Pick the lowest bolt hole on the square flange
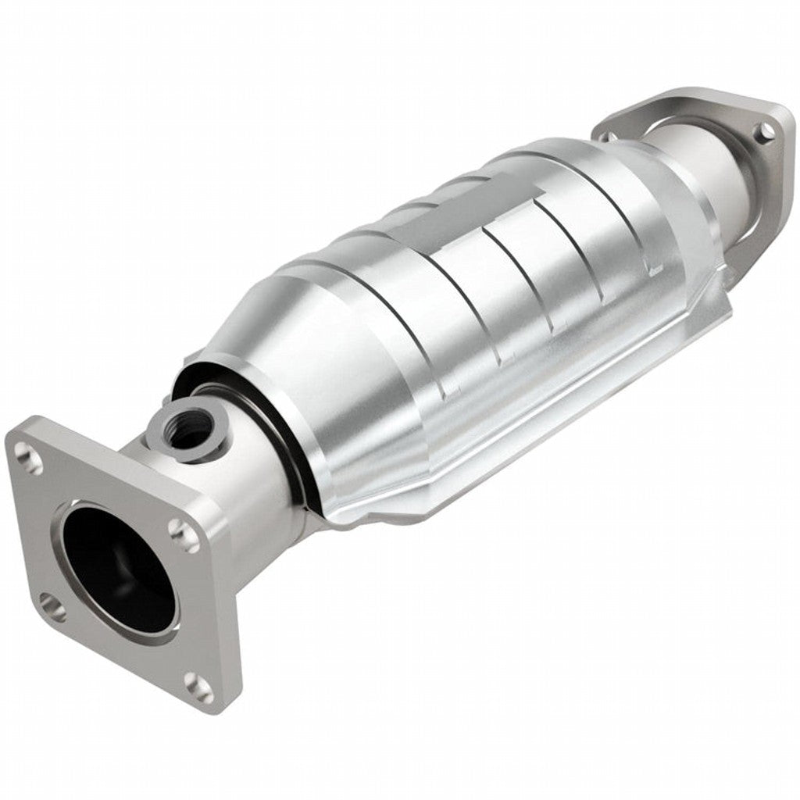point(201,687)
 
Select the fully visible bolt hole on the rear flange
point(765,133)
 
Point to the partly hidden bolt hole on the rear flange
point(610,137)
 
